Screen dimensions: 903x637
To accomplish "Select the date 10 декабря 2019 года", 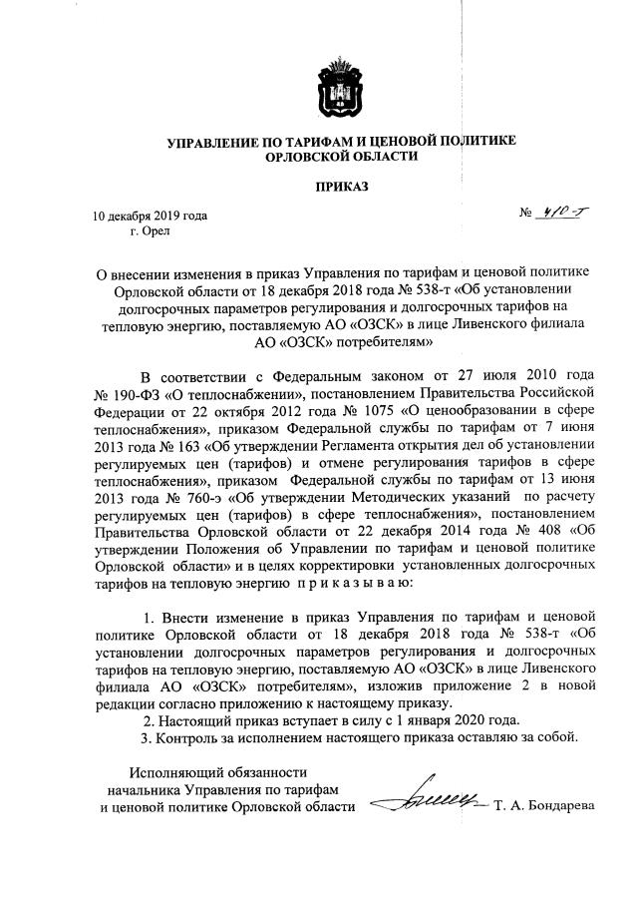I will click(150, 215).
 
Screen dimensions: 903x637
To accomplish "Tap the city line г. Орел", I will click(151, 231).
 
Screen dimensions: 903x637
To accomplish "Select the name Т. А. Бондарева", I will click(543, 805).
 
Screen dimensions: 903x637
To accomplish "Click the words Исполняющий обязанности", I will click(218, 771).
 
